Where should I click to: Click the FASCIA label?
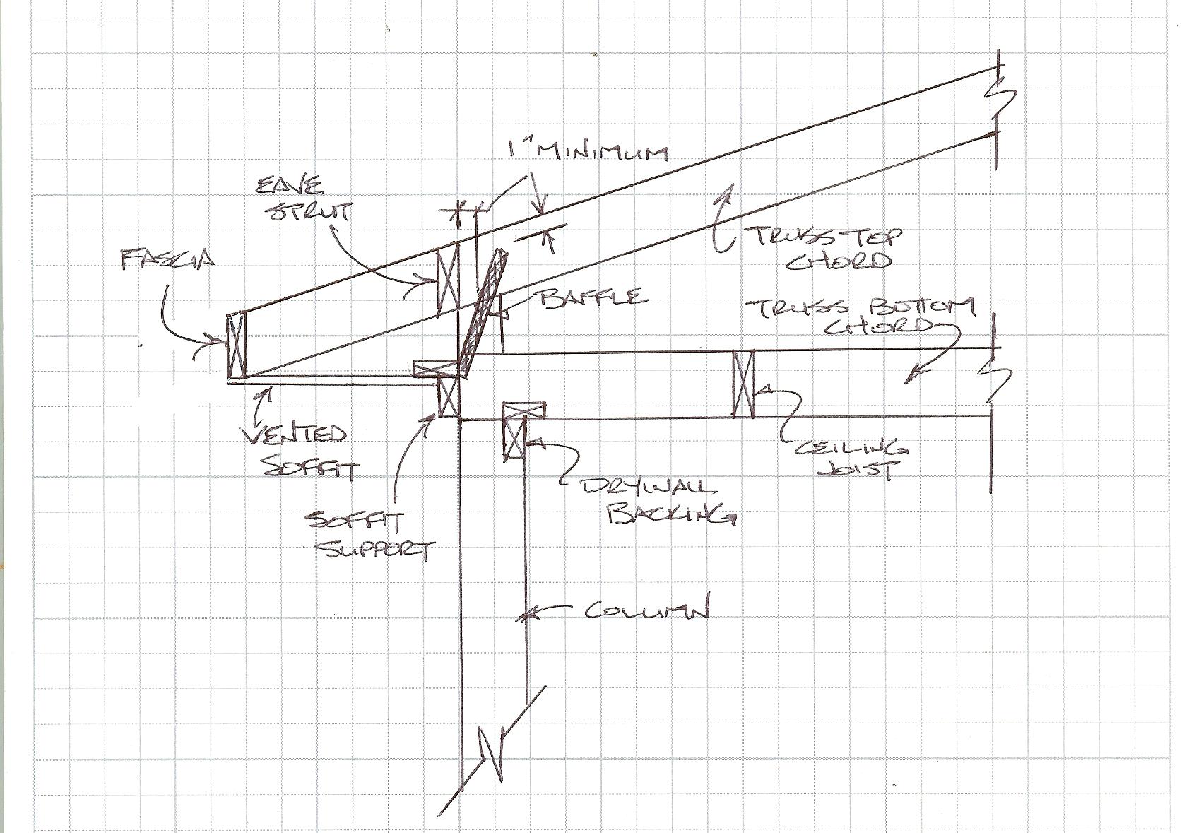pos(167,260)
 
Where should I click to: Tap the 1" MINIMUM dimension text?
pos(586,152)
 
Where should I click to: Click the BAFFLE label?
pos(593,296)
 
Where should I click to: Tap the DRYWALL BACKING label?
pos(657,503)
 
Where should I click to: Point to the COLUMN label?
pos(646,610)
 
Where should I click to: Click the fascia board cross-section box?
pos(235,345)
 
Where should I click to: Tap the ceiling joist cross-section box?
pos(743,384)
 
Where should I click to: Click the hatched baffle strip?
pos(483,311)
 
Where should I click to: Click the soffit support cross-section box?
pos(449,396)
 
